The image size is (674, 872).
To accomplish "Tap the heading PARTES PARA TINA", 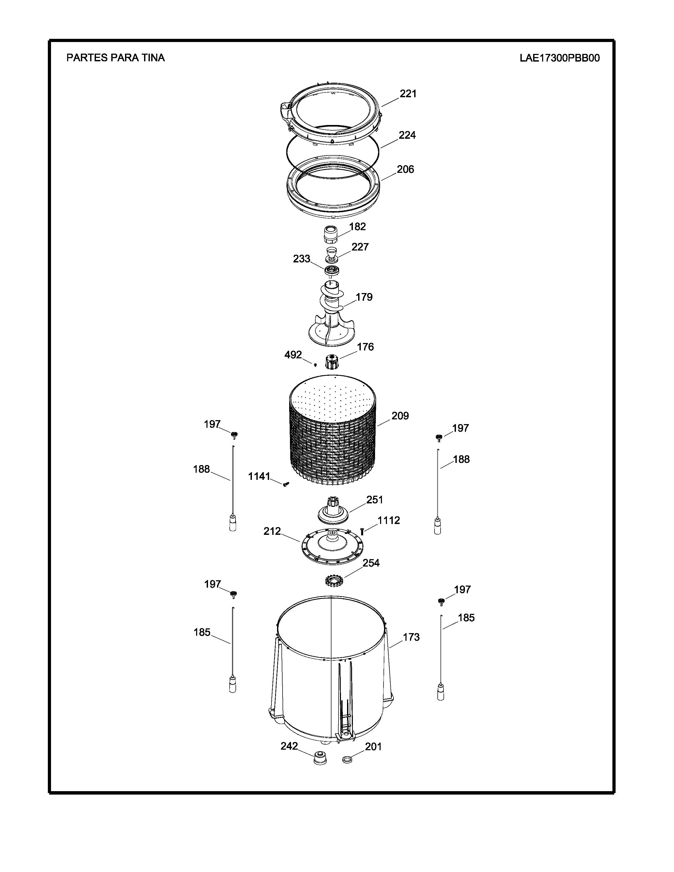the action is click(116, 58).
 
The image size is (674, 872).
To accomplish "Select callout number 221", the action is click(408, 94).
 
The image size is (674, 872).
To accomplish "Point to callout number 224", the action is click(407, 135).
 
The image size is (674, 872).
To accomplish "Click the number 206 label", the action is click(405, 169).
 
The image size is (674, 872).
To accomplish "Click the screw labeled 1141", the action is click(285, 484).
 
